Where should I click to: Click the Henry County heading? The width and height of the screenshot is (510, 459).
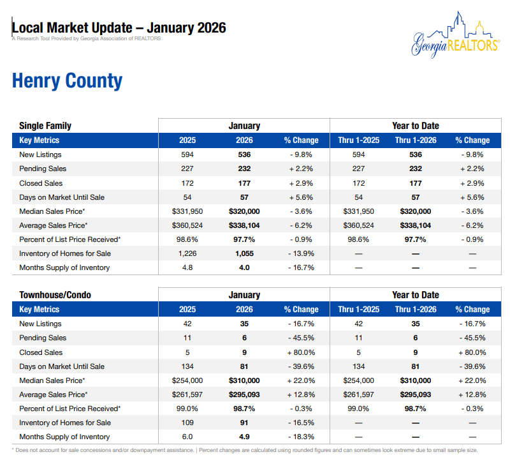tap(67, 81)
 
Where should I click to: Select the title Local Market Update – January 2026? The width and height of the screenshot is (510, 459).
tap(119, 28)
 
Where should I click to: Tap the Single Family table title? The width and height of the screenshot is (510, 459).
tap(45, 126)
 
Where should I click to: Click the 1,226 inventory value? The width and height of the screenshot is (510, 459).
tap(187, 253)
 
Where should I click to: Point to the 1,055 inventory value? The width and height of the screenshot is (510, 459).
tap(244, 253)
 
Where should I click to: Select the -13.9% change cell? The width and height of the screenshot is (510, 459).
tap(301, 253)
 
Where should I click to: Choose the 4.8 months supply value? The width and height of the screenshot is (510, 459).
tap(187, 267)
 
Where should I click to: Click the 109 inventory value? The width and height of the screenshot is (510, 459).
tap(187, 423)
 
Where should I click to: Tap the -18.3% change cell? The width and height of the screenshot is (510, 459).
tap(301, 437)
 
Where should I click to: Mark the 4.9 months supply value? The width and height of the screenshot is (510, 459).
tap(244, 437)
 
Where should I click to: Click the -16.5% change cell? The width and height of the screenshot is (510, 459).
tap(301, 423)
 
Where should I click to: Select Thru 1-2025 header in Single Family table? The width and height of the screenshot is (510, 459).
tap(358, 140)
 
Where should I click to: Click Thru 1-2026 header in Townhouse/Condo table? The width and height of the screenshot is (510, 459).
tap(416, 310)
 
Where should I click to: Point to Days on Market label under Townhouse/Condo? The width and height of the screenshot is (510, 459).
tap(61, 366)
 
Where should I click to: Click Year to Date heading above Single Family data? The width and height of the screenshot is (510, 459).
tap(416, 126)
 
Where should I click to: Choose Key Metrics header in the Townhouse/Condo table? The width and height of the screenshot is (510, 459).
tap(40, 310)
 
